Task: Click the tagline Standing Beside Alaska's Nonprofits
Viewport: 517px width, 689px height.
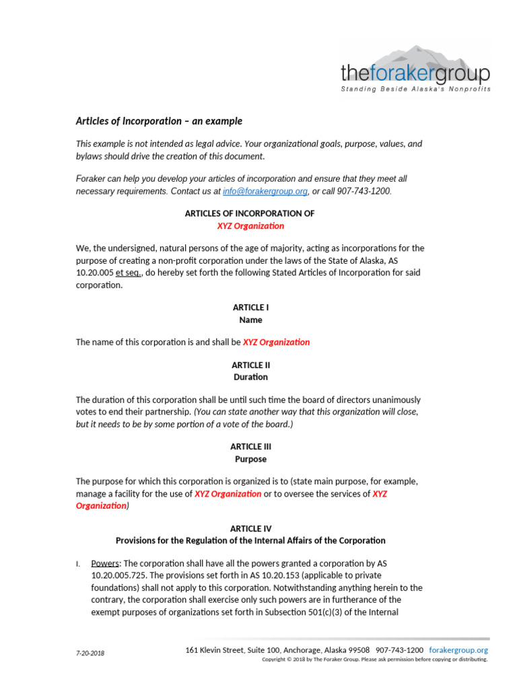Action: pyautogui.click(x=415, y=89)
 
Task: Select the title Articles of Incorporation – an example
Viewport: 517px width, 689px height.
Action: pyautogui.click(x=158, y=121)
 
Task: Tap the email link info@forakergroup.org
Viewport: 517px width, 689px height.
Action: pyautogui.click(x=265, y=191)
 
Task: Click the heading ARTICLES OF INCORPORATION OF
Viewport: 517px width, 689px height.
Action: pyautogui.click(x=250, y=213)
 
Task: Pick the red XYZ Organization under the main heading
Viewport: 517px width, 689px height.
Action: pyautogui.click(x=250, y=225)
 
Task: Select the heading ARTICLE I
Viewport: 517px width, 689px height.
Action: pyautogui.click(x=250, y=307)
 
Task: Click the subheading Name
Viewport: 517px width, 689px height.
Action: pyautogui.click(x=250, y=320)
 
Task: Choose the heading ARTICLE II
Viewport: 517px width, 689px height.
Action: pyautogui.click(x=250, y=365)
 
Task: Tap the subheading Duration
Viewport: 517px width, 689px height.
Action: pyautogui.click(x=250, y=377)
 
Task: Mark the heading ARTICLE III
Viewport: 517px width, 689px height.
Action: pyautogui.click(x=250, y=447)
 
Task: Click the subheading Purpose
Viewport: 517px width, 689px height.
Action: pyautogui.click(x=250, y=459)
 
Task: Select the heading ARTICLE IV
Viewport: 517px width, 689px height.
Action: pyautogui.click(x=250, y=529)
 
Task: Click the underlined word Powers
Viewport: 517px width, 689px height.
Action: pyautogui.click(x=105, y=563)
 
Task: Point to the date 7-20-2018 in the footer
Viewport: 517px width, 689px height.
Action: pyautogui.click(x=90, y=653)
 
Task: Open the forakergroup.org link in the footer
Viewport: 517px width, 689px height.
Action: pyautogui.click(x=458, y=650)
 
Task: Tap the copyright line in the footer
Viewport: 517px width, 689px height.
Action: pyautogui.click(x=374, y=659)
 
